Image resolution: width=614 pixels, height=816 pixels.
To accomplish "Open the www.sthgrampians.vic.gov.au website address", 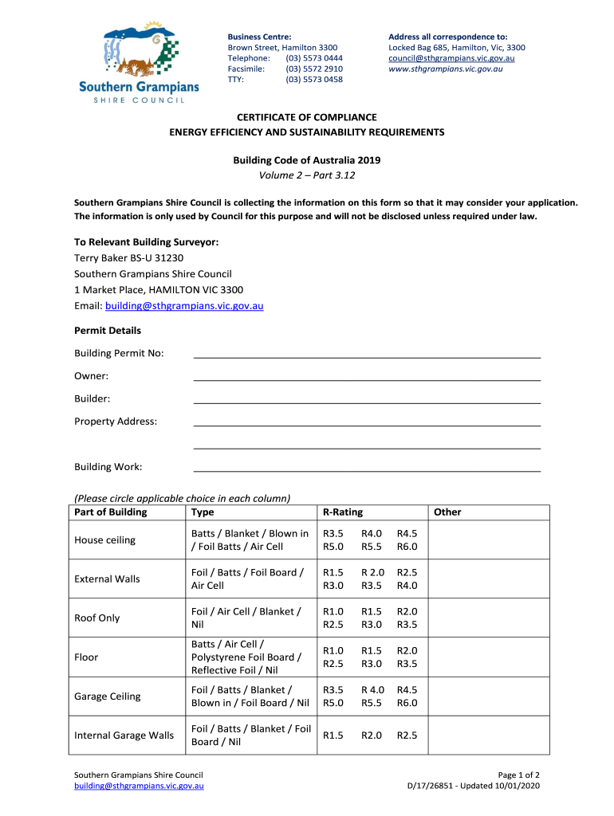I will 445,69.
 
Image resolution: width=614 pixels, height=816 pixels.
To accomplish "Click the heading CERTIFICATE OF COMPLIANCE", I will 306,117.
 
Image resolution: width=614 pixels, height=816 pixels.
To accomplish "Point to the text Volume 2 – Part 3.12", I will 306,175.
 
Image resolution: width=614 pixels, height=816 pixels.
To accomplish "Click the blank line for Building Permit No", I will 367,354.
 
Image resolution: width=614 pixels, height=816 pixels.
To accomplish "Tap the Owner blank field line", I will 367,376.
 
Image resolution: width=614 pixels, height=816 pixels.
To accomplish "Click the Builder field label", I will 92,398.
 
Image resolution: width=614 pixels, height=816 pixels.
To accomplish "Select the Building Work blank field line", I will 367,468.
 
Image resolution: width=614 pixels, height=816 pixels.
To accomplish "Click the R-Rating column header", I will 343,512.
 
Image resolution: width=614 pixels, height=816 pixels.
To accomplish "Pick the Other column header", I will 447,512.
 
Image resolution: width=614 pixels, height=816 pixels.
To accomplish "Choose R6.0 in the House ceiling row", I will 407,547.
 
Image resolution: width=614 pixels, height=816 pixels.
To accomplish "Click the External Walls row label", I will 107,579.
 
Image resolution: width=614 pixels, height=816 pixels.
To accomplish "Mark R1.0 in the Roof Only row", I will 333,611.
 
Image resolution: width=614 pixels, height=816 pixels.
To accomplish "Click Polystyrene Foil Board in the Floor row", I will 246,657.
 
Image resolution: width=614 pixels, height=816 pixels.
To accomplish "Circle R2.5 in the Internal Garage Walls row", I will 407,736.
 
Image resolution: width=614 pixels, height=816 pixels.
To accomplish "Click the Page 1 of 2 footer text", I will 518,775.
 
